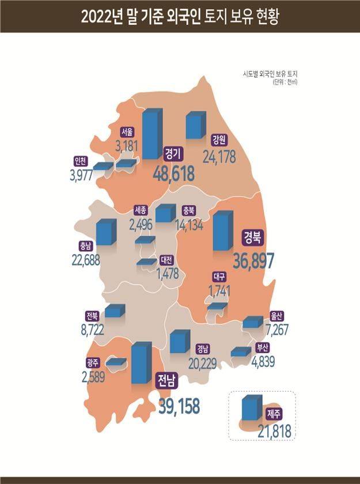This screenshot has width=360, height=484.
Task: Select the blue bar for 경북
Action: click(x=222, y=231)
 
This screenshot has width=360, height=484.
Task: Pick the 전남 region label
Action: click(x=168, y=379)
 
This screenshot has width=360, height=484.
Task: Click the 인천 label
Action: click(x=81, y=161)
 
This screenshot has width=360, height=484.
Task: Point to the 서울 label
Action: click(x=128, y=131)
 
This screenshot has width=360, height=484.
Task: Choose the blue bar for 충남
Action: click(x=105, y=232)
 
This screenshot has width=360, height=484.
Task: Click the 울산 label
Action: click(x=276, y=316)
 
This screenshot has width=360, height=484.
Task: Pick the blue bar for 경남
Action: click(x=179, y=342)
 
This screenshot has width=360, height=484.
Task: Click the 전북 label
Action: click(x=92, y=316)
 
